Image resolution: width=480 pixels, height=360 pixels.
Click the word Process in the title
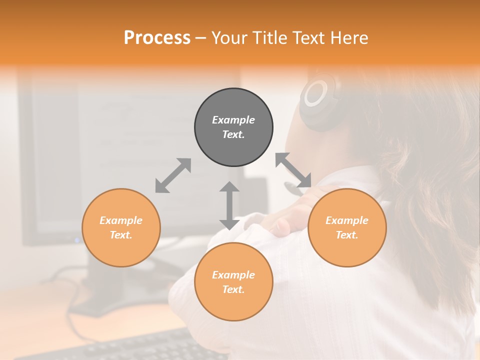coord(157,38)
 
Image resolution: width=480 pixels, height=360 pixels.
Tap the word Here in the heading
coord(349,38)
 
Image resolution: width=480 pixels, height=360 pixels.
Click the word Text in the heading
coord(309,38)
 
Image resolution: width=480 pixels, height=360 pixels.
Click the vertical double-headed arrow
coord(229,205)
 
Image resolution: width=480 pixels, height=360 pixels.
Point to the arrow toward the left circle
coord(173,175)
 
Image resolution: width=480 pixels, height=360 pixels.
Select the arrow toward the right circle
coord(293,170)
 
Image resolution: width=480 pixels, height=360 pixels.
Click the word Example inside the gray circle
coord(233,120)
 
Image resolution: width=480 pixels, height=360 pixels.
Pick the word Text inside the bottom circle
coord(233,289)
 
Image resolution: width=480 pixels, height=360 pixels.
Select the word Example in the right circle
coord(347,220)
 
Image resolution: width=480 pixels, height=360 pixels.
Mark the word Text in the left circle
coord(121,235)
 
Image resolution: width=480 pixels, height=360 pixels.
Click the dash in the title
coord(201,38)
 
